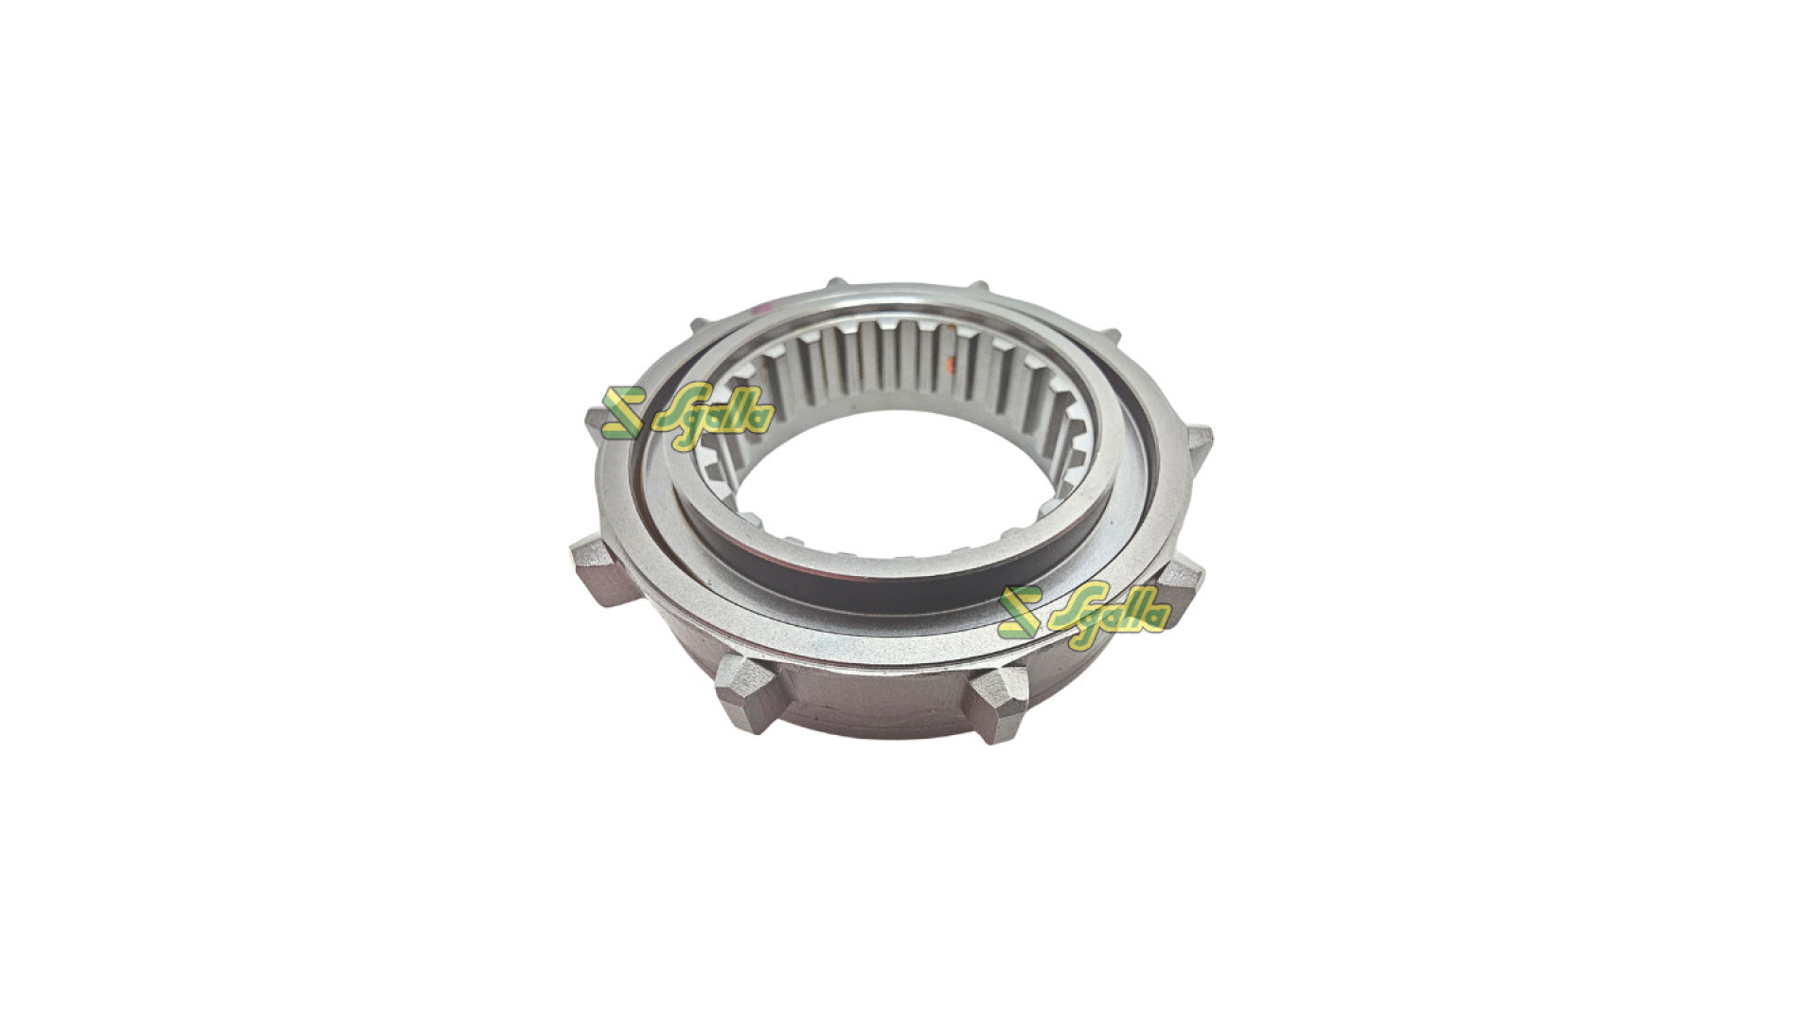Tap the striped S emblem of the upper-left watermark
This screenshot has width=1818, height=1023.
click(x=622, y=412)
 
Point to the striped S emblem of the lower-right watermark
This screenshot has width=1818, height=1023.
click(x=1021, y=613)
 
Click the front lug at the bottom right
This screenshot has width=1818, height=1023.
click(x=1000, y=701)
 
